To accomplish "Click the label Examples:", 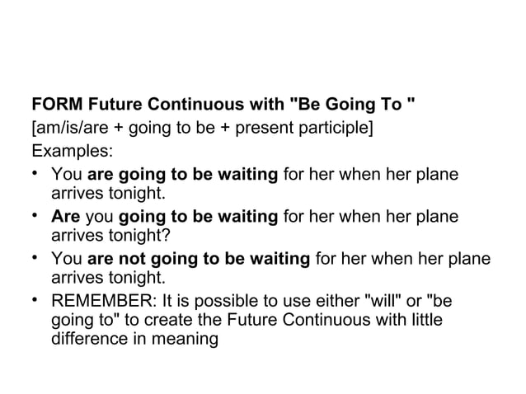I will click(73, 152).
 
